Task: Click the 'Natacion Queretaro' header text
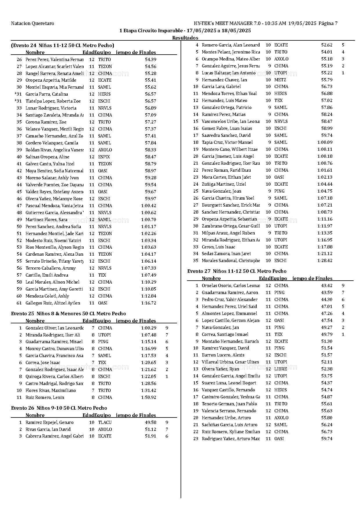32,24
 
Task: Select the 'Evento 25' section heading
69,314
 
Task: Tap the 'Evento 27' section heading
237,271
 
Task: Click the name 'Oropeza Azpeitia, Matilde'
51,80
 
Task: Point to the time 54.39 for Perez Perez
150,60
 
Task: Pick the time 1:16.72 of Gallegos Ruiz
148,303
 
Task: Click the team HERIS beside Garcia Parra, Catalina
104,94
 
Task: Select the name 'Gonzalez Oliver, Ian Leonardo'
54,328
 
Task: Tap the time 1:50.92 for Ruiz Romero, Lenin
148,397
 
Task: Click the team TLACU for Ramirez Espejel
105,422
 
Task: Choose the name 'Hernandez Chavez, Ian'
224,80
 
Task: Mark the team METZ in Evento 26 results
280,80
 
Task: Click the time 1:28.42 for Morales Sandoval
325,261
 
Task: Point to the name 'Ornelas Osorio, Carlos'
231,286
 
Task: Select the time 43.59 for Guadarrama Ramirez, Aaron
327,293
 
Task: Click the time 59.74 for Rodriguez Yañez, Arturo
327,439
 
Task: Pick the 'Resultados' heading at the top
185,38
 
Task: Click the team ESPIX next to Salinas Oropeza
104,157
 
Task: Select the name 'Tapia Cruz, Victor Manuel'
227,142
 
